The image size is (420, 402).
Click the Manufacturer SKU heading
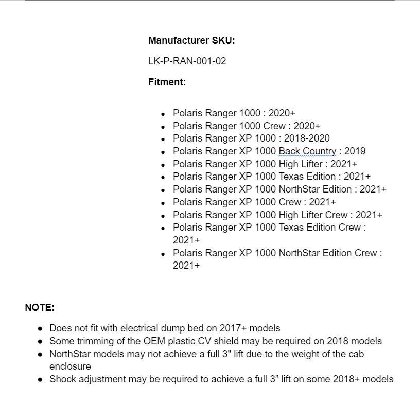(x=191, y=40)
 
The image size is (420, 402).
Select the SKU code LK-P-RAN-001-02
(x=187, y=61)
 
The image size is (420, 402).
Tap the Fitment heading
(x=167, y=81)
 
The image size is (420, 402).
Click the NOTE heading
(x=40, y=308)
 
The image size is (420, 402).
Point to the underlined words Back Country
(x=307, y=151)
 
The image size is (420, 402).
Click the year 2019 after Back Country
(x=355, y=151)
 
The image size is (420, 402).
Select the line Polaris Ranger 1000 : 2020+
(x=234, y=113)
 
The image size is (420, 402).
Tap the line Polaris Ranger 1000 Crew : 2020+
(x=246, y=126)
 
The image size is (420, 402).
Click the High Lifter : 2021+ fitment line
(x=265, y=164)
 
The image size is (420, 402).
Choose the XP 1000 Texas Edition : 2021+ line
(x=271, y=177)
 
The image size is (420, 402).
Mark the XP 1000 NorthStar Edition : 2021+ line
(x=279, y=189)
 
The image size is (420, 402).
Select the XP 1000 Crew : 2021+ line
(x=254, y=202)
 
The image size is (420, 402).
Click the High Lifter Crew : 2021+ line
(x=277, y=215)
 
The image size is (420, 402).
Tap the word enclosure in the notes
(x=70, y=366)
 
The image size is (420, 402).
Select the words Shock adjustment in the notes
(x=87, y=379)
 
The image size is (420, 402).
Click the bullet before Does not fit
(x=40, y=328)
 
